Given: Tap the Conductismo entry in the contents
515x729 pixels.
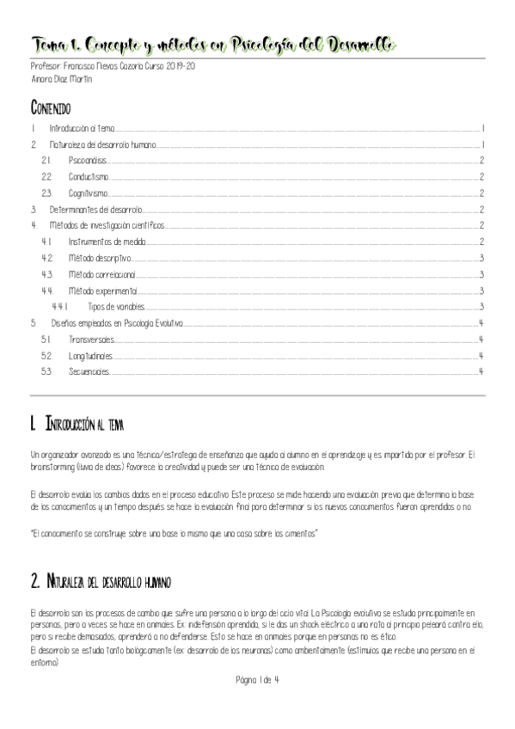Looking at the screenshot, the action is pyautogui.click(x=89, y=176).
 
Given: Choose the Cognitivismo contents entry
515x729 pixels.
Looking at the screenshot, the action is pyautogui.click(x=89, y=193).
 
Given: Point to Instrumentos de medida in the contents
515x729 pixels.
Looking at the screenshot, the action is pyautogui.click(x=107, y=242).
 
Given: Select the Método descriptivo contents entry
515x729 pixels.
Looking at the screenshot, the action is pyautogui.click(x=100, y=258).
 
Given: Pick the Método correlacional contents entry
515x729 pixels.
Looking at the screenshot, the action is pyautogui.click(x=103, y=274).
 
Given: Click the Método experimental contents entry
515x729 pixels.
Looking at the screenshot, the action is pyautogui.click(x=103, y=291).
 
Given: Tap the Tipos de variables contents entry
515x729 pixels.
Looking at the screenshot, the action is pyautogui.click(x=115, y=306).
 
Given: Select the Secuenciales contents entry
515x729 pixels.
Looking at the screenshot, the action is pyautogui.click(x=89, y=371).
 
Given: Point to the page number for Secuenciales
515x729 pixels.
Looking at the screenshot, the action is pyautogui.click(x=481, y=371).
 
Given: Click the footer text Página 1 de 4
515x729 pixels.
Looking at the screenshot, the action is pyautogui.click(x=257, y=680).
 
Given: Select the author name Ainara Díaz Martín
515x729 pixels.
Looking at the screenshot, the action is pyautogui.click(x=60, y=79).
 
